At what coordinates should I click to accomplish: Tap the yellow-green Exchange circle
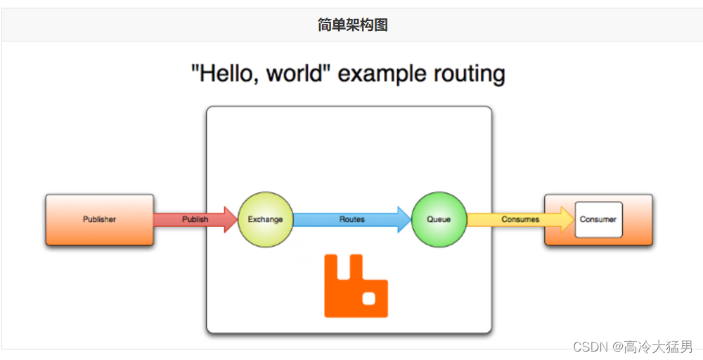pyautogui.click(x=265, y=219)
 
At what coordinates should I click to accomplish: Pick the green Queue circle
pyautogui.click(x=439, y=219)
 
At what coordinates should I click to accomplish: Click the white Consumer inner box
pyautogui.click(x=598, y=219)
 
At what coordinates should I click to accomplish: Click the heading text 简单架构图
pyautogui.click(x=352, y=25)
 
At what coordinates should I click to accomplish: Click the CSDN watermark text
pyautogui.click(x=590, y=347)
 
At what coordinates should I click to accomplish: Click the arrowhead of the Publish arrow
pyautogui.click(x=231, y=219)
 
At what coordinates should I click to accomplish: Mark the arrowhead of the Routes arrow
pyautogui.click(x=404, y=219)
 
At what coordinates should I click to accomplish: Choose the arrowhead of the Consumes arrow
pyautogui.click(x=567, y=219)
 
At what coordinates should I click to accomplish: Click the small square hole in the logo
pyautogui.click(x=370, y=298)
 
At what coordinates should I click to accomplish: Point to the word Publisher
pyautogui.click(x=99, y=219)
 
